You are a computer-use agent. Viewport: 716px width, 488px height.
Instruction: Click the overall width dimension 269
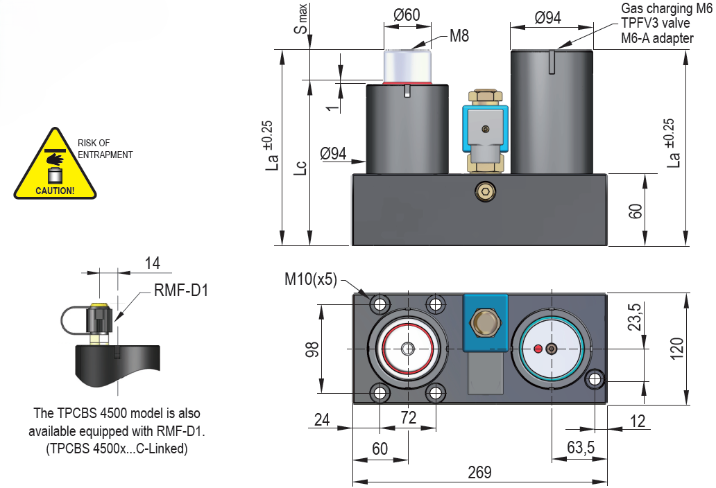(479, 473)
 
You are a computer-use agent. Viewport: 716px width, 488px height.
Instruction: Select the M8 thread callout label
(459, 36)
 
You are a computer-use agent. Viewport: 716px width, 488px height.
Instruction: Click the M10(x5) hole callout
(310, 279)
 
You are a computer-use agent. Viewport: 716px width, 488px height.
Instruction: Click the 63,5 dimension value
(581, 448)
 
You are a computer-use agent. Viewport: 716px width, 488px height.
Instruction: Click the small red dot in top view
(538, 349)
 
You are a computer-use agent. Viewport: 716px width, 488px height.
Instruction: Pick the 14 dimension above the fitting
(152, 263)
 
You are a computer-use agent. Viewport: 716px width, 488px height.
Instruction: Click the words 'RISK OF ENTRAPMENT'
(105, 148)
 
